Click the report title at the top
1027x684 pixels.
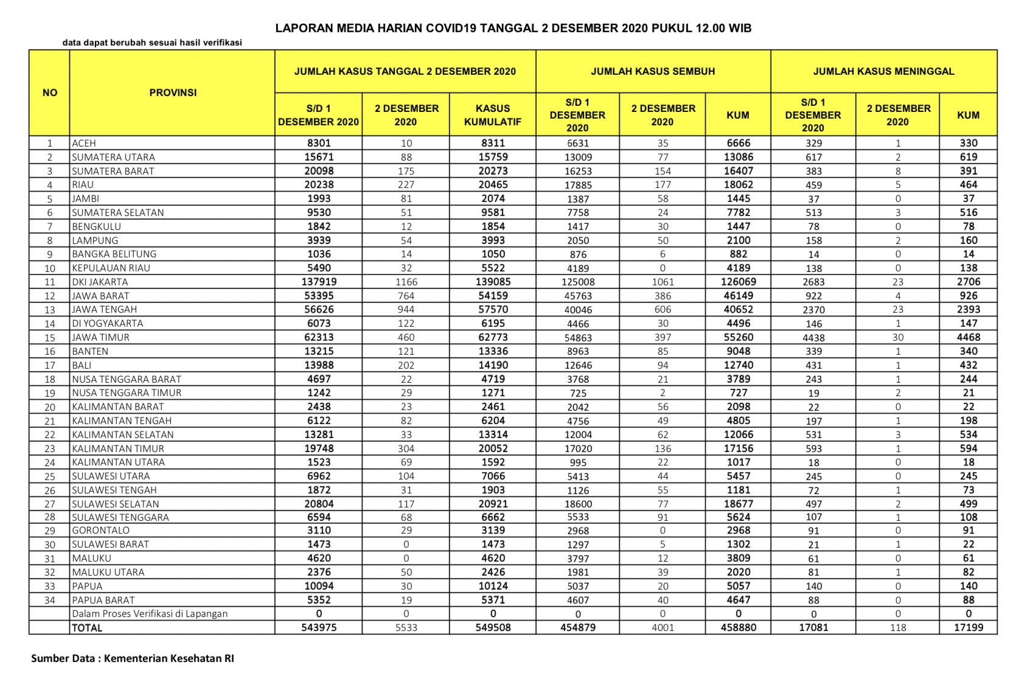point(513,28)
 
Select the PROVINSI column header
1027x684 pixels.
point(173,92)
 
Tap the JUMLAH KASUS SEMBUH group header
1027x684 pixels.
point(653,71)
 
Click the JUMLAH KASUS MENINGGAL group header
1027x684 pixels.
point(883,71)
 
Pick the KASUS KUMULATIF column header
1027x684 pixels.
point(492,115)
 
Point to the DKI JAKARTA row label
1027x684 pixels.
point(100,282)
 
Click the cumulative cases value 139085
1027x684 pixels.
point(493,282)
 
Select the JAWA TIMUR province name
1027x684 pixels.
point(101,337)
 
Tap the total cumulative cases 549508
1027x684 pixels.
point(493,627)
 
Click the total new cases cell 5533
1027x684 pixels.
point(406,627)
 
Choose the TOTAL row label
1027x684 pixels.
point(87,627)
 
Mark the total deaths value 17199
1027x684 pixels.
point(968,627)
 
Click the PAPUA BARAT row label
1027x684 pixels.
point(103,600)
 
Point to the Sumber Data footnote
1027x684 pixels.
point(133,658)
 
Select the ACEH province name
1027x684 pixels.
point(84,143)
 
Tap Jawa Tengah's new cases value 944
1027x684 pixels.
point(406,309)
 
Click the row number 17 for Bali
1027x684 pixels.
point(50,365)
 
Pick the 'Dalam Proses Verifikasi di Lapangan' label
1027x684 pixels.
point(150,613)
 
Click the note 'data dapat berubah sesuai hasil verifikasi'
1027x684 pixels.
point(152,43)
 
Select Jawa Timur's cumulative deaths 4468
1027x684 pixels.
point(968,337)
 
